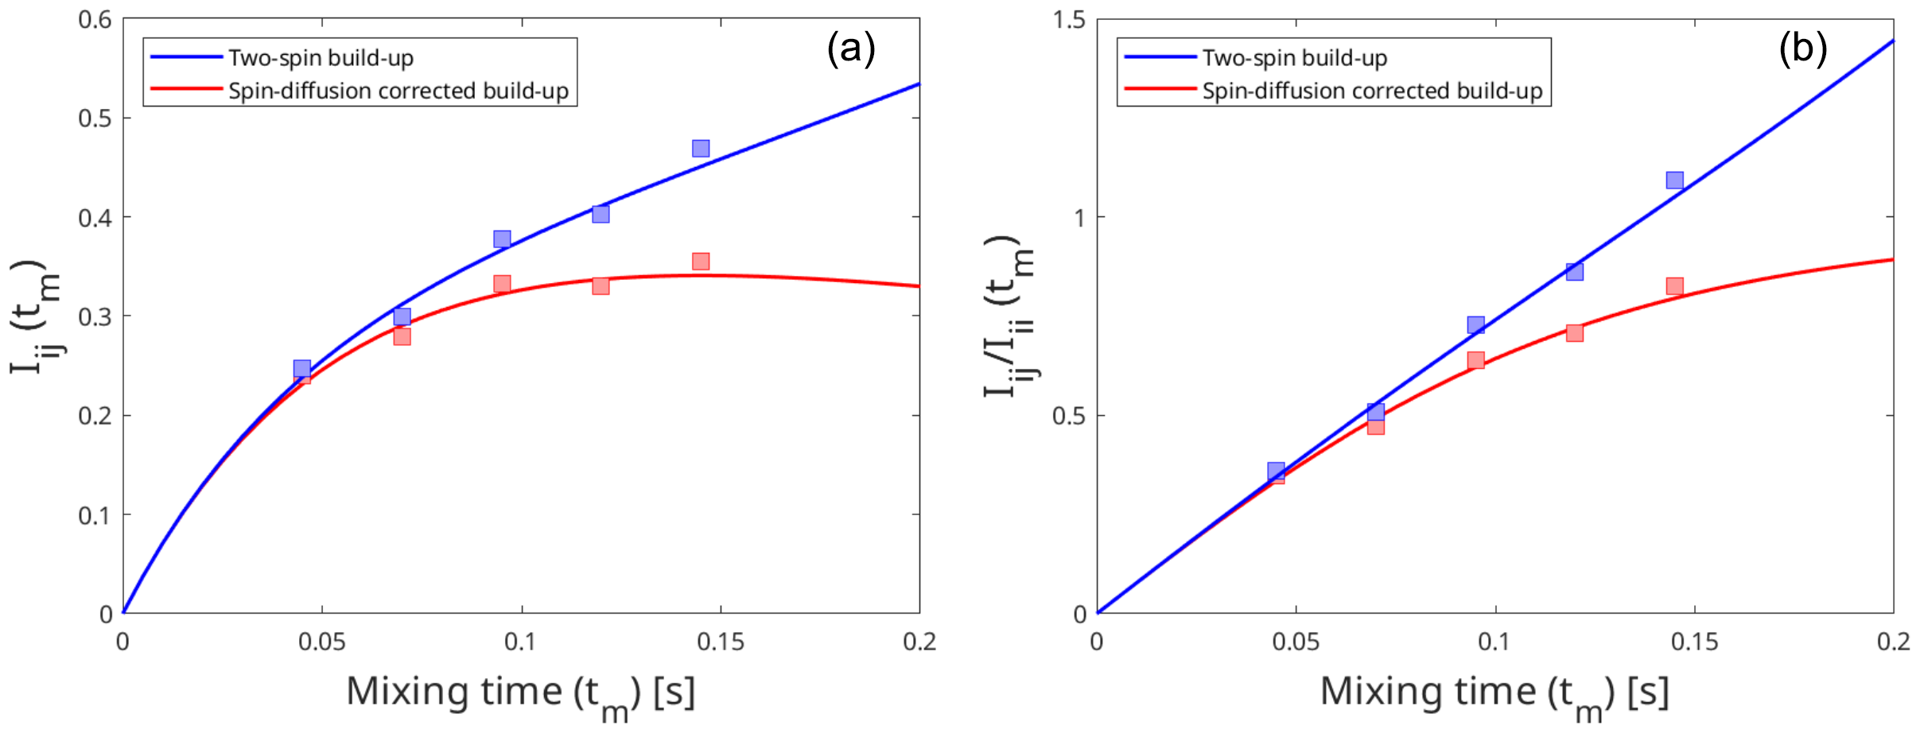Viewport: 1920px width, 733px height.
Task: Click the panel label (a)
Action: click(x=850, y=48)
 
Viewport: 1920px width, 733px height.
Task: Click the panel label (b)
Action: click(x=1802, y=48)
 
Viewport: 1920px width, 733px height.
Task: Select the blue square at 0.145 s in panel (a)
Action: click(x=700, y=149)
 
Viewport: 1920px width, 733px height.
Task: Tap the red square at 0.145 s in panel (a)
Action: click(x=700, y=262)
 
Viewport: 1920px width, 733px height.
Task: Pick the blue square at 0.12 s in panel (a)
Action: click(x=600, y=214)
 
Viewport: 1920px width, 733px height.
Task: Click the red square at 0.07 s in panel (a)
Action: click(x=402, y=336)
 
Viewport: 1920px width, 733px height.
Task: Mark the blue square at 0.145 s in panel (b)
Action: click(x=1674, y=180)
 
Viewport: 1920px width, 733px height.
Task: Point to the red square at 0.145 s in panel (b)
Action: click(x=1674, y=286)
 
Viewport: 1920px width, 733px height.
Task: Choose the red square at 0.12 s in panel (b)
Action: click(x=1574, y=332)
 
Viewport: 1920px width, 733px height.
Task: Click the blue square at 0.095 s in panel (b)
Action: click(x=1475, y=325)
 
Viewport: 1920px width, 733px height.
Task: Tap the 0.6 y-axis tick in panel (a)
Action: click(x=95, y=20)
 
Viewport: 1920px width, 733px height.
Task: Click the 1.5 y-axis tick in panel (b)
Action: click(x=1069, y=20)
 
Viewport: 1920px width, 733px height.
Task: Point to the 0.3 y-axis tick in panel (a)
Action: click(x=95, y=316)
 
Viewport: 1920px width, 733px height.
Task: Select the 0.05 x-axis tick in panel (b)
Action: click(x=1296, y=642)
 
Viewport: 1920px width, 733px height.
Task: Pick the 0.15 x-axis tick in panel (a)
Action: click(x=721, y=642)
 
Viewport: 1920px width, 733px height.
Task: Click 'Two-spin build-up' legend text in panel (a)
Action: click(x=321, y=58)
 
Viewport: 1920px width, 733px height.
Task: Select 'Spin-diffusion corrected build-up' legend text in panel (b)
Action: click(x=1372, y=91)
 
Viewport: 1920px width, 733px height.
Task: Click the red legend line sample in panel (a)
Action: click(x=186, y=90)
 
